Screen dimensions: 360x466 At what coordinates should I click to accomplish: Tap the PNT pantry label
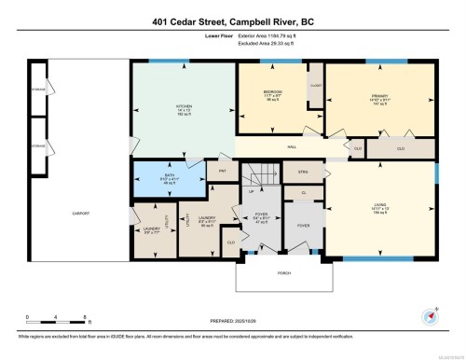223,172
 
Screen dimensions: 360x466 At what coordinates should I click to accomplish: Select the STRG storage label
302,173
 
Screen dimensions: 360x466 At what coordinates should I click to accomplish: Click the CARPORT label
81,214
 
